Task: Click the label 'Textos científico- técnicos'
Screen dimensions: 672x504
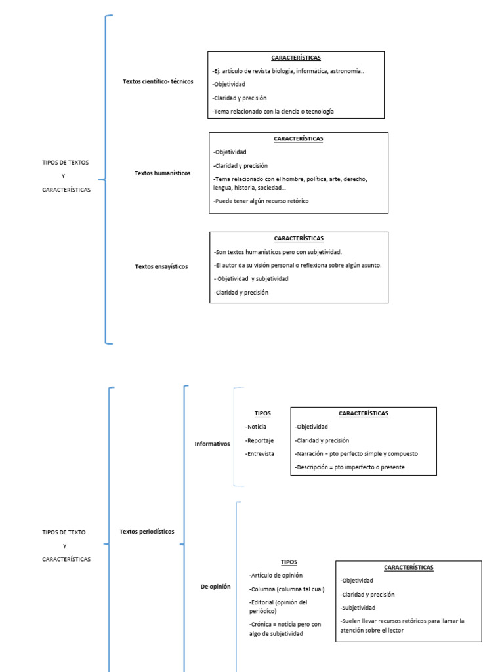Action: (157, 81)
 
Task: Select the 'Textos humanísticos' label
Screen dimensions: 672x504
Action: (162, 173)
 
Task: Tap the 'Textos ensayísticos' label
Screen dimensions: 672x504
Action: (161, 267)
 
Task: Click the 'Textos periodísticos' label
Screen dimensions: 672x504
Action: (147, 532)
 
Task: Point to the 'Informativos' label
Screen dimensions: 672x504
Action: (212, 444)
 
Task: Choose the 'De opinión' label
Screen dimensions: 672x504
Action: (215, 586)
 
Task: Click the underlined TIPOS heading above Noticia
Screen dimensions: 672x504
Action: (262, 413)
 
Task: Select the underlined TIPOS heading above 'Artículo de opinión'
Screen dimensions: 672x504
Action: (289, 562)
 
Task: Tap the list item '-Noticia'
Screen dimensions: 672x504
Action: (256, 427)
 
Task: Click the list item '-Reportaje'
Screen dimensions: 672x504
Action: (259, 440)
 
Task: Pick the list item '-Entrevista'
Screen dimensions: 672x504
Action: (259, 453)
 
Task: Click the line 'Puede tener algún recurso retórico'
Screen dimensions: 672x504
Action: (261, 201)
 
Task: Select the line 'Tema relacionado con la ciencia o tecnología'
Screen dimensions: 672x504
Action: (272, 112)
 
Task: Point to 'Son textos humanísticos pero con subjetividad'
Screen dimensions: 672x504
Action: (277, 251)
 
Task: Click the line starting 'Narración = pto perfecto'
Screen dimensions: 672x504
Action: (356, 453)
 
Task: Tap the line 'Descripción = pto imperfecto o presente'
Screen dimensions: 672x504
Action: (349, 467)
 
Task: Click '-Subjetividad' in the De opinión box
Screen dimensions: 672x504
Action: (358, 608)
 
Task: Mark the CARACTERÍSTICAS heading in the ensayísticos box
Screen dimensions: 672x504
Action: (299, 238)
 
